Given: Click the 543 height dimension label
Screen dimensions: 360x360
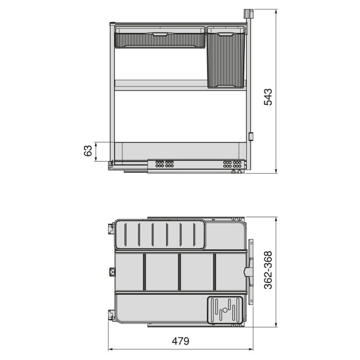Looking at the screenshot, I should (x=268, y=97).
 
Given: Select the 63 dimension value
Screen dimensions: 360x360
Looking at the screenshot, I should (x=88, y=151).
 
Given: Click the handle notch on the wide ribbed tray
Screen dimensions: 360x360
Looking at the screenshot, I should (x=159, y=33).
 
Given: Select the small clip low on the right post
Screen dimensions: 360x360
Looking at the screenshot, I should (x=251, y=137).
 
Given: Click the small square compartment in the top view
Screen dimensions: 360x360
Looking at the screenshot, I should (x=224, y=310).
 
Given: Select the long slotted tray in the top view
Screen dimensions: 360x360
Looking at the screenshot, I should (x=160, y=236).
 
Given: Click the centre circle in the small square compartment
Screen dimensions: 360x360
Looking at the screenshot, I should (x=224, y=311).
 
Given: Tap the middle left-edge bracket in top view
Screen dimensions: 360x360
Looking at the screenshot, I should (x=112, y=272).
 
